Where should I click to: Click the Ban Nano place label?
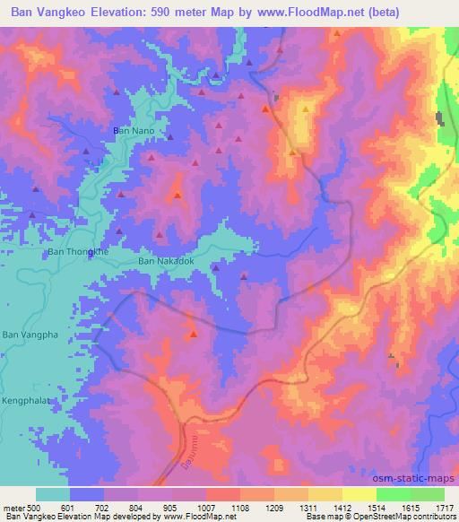(134, 131)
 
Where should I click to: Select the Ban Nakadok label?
(166, 261)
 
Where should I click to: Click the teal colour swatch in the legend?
(53, 494)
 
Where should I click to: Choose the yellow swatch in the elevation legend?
(359, 494)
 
